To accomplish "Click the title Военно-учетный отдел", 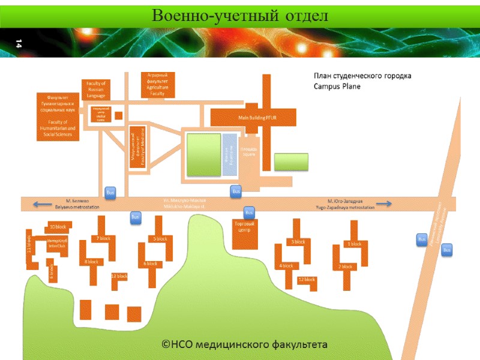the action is point(240,15).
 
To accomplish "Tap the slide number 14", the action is point(19,43).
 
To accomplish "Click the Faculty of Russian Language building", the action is point(96,89).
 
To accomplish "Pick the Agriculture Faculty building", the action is point(157,85).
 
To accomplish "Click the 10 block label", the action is point(58,227).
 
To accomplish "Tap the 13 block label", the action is point(119,276).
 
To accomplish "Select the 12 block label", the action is point(307,280).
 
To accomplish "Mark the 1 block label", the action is point(355,244).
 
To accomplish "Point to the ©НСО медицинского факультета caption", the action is point(245,344).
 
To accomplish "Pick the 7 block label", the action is point(103,239).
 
